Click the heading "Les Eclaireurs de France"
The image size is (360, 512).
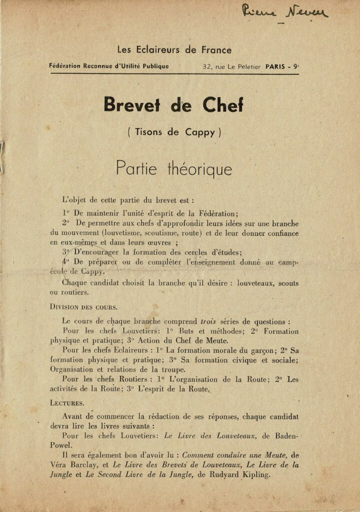(x=174, y=50)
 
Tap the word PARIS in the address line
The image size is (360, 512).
(x=276, y=66)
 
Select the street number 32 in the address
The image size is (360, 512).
(x=206, y=66)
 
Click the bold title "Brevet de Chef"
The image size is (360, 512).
(x=173, y=105)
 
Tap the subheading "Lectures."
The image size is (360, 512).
(x=67, y=401)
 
